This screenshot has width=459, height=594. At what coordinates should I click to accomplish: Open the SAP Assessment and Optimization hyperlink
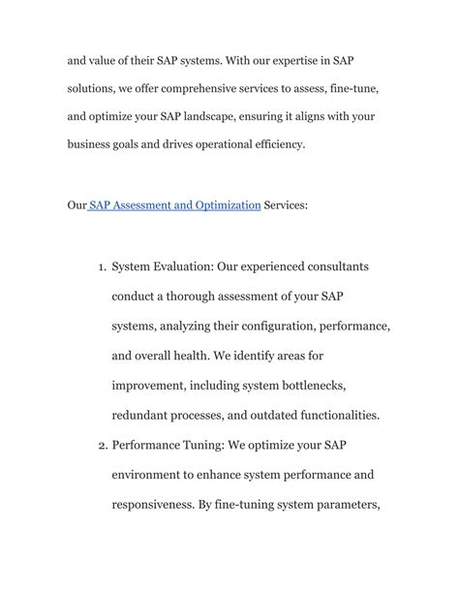coord(175,205)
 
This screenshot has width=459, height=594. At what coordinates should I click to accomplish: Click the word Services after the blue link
coord(287,205)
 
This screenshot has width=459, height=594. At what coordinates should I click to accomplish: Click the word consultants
coord(330,266)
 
